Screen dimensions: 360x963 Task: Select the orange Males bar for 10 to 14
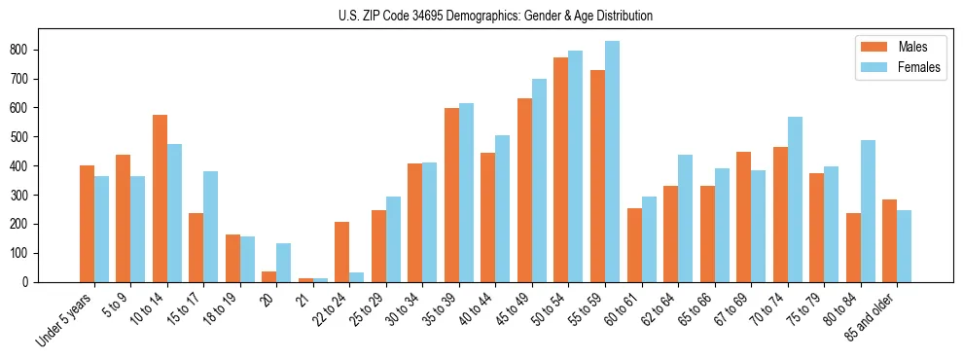(x=160, y=198)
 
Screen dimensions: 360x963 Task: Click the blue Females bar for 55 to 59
(x=612, y=162)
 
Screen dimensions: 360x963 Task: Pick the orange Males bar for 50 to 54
(x=560, y=170)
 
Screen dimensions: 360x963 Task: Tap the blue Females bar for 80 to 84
(x=868, y=211)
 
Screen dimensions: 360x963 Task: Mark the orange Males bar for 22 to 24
(x=341, y=252)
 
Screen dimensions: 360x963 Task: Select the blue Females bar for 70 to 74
(x=795, y=199)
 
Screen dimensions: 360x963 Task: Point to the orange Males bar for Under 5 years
(x=87, y=224)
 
